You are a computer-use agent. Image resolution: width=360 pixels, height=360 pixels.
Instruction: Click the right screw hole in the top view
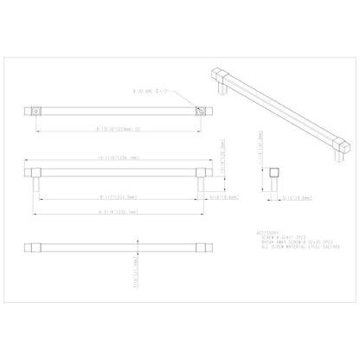(198, 112)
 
